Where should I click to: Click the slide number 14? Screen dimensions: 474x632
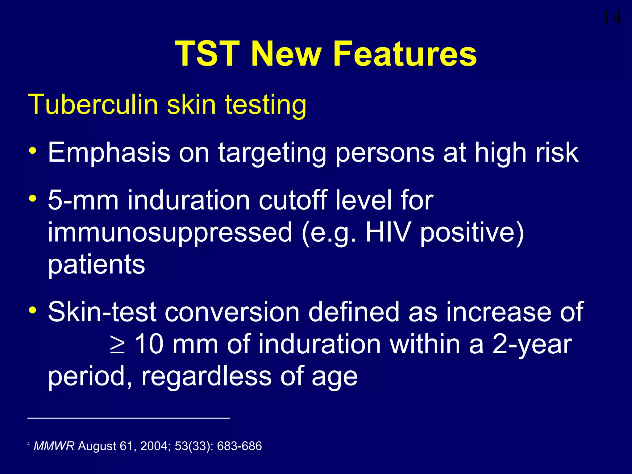pos(612,18)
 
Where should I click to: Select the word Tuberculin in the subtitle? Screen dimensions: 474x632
pos(93,105)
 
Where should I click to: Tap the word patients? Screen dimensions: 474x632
pos(96,265)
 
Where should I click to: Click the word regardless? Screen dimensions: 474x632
pos(206,376)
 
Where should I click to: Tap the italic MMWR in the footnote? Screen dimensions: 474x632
pos(54,446)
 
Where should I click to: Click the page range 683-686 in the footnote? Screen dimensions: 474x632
pos(239,446)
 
